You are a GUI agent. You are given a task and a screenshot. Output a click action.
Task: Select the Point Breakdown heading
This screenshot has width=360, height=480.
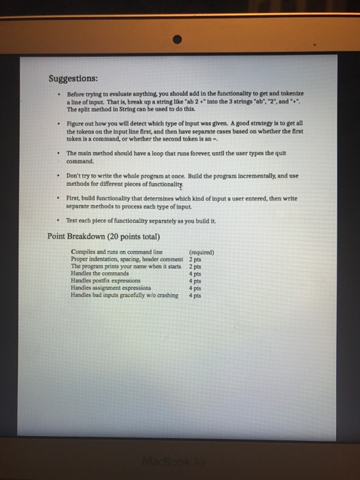(104, 237)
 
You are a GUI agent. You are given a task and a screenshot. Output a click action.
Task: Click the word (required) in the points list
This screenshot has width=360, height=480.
(201, 252)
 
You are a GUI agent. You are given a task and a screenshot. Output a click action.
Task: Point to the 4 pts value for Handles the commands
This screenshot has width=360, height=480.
(195, 274)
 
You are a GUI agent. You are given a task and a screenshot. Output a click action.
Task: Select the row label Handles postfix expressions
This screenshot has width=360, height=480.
(106, 280)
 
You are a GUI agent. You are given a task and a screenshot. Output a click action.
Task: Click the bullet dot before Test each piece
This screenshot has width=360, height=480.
(59, 221)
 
